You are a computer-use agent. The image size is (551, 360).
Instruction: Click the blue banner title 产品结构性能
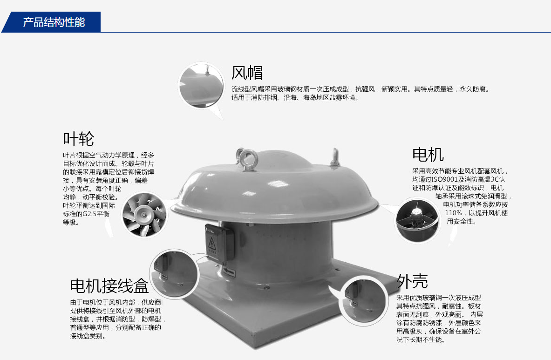pos(54,22)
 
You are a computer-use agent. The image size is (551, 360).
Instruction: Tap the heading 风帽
pos(247,73)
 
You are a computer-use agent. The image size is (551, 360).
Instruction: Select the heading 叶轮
pos(78,139)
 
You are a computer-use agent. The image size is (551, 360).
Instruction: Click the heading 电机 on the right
pos(428,155)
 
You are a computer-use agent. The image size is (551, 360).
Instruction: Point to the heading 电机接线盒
pos(109,285)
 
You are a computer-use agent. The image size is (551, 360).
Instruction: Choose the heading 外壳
pos(412,281)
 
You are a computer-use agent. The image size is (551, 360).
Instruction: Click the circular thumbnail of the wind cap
pos(201,85)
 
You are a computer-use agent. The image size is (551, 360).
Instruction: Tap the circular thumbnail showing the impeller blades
pos(144,215)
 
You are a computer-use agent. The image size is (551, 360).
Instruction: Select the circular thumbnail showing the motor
pos(417,219)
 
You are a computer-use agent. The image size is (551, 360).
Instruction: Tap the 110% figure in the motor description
pos(454,213)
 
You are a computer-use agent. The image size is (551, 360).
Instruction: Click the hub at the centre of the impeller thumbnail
pos(143,212)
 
